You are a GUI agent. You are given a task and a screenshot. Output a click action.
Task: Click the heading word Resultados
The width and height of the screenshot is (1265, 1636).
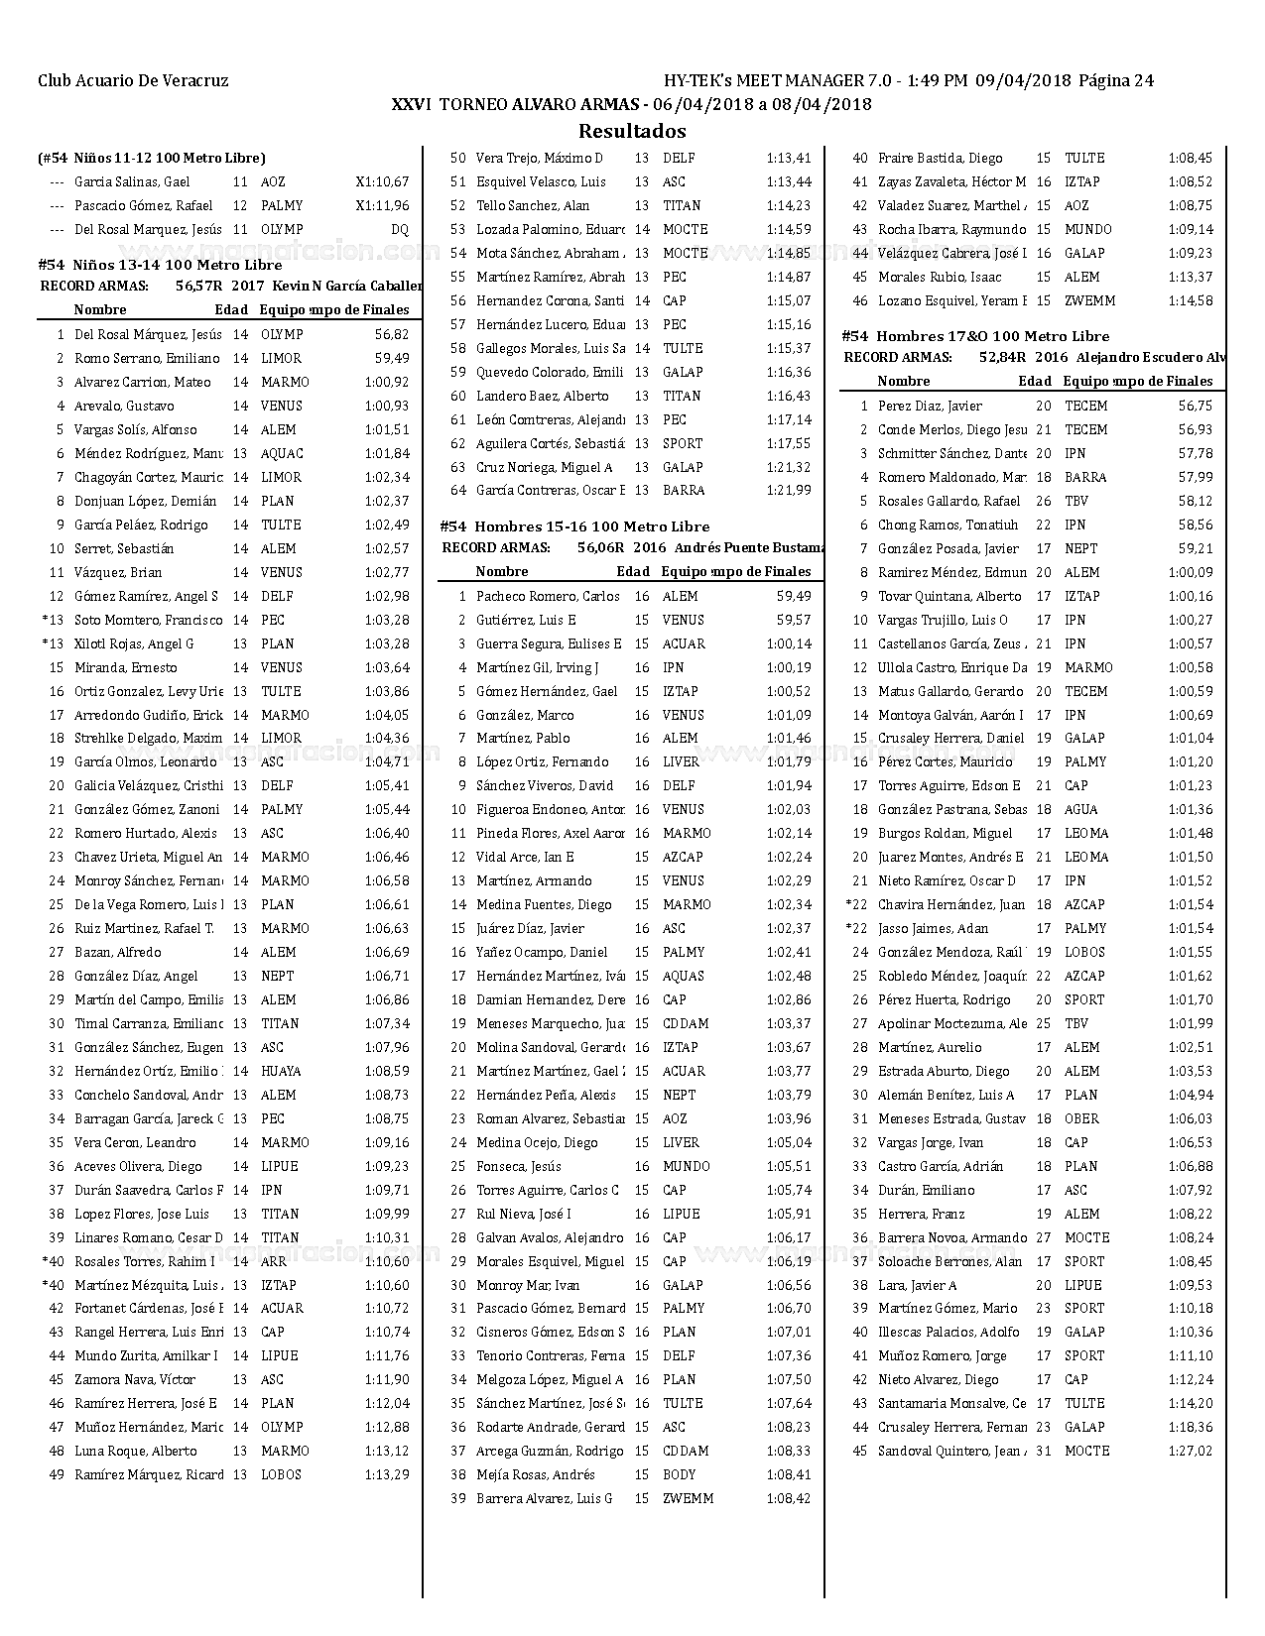[x=632, y=131]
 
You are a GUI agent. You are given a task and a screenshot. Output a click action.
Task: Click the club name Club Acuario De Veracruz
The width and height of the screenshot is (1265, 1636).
[x=133, y=81]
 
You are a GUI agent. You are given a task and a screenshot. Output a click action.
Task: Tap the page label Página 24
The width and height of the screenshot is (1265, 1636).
[x=1116, y=81]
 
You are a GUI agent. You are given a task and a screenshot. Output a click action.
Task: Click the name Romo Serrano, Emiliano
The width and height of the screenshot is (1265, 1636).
[x=147, y=359]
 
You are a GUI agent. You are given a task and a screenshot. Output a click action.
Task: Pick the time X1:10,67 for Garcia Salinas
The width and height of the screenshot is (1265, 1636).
[x=382, y=182]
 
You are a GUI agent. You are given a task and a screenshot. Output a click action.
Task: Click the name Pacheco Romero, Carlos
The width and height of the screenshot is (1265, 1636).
[x=548, y=597]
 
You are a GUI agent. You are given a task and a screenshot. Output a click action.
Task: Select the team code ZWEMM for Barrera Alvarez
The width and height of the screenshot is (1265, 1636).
[x=688, y=1499]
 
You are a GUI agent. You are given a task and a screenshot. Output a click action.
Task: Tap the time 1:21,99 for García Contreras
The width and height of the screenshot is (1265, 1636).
[x=789, y=491]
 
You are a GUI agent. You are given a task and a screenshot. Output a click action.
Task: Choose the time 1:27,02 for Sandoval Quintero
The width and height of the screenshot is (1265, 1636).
[x=1190, y=1452]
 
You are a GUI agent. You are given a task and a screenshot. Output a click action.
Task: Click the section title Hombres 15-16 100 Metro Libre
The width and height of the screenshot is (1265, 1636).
[x=592, y=526]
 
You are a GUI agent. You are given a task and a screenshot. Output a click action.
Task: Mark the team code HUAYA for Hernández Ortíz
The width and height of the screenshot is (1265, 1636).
[x=281, y=1072]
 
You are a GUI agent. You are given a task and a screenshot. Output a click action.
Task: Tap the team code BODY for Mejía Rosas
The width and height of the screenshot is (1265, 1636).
[x=680, y=1475]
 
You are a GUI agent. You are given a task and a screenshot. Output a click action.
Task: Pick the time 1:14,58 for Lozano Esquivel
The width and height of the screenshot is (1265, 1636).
[x=1190, y=301]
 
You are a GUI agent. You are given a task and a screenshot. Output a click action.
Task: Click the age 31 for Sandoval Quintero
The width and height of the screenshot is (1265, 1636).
[x=1044, y=1452]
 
